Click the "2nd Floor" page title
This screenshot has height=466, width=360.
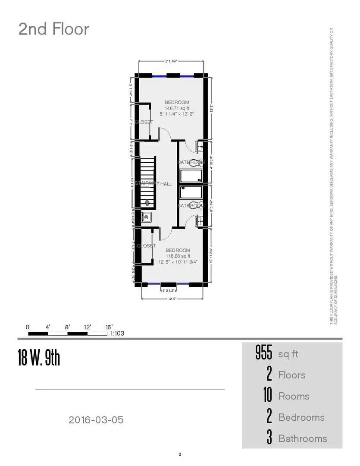tap(54, 29)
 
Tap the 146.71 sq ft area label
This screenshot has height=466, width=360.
tap(177, 108)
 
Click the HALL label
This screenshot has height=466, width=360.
tap(166, 184)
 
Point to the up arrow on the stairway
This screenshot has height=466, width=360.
tap(147, 202)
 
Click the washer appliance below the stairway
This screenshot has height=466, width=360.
tap(147, 217)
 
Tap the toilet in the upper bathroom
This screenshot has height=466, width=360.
tap(197, 163)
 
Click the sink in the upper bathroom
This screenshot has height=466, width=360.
tap(200, 147)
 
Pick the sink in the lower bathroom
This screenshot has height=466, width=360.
tap(200, 220)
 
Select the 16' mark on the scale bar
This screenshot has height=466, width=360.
tap(109, 327)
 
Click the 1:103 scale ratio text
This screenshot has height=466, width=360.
tap(117, 334)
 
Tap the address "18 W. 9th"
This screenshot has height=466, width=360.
tap(39, 358)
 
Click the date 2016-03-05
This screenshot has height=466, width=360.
tap(96, 419)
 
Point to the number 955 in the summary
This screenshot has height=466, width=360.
tap(264, 354)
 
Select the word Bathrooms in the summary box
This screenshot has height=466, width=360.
tap(303, 438)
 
